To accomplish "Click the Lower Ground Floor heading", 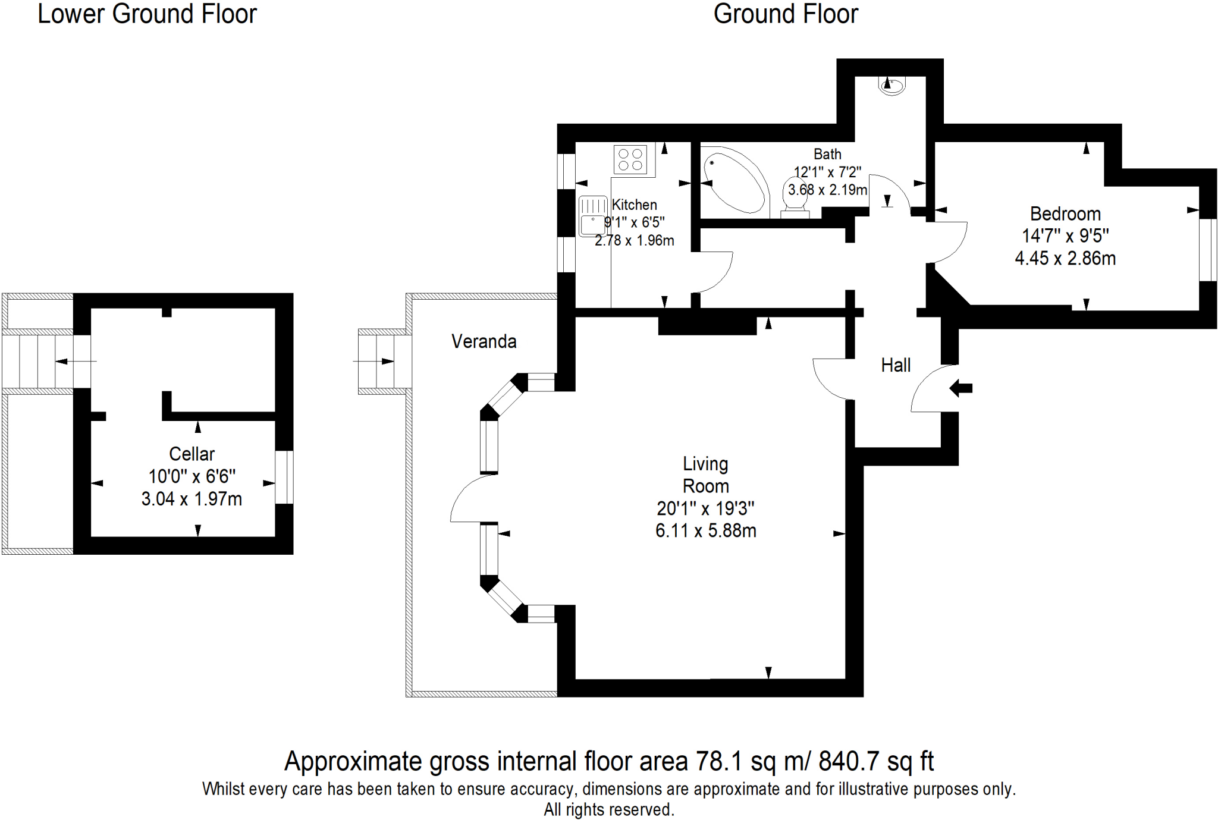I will coord(147,14).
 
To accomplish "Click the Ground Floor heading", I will coord(786,14).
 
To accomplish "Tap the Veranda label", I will coord(484,341).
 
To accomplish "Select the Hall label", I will coord(896,365).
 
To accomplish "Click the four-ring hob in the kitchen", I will coord(630,159).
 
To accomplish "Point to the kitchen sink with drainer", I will coord(593,216).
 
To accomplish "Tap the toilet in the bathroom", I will coord(795,197).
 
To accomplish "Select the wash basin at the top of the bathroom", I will coord(891,86).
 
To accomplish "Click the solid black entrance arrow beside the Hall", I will coord(960,389).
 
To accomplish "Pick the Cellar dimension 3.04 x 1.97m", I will coord(192,499).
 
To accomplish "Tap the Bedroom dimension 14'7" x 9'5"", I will coord(1065,236).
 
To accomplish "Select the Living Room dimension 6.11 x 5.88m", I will coord(705,530).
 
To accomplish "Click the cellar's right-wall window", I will coord(284,477).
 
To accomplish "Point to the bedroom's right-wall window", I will coord(1207,250).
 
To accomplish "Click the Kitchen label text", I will coord(634,205).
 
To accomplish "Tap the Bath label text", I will coord(827,154).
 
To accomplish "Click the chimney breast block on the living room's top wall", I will coord(707,325).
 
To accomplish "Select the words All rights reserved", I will coord(608,809).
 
